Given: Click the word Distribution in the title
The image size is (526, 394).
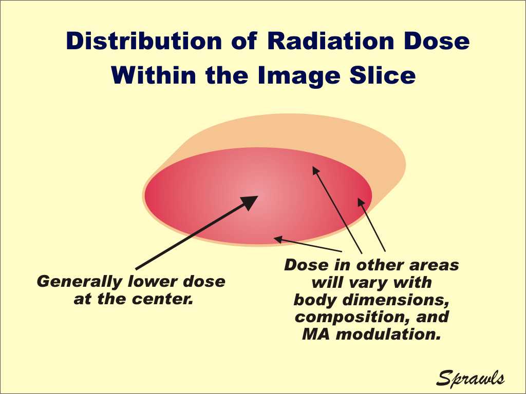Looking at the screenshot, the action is pos(144,41).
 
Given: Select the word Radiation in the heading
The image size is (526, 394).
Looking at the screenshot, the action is pos(331,41).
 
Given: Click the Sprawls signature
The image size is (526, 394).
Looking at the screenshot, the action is pos(470,378).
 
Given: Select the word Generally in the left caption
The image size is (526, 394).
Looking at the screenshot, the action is pos(80,282).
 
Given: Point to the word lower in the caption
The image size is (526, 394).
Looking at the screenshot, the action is pos(153,282).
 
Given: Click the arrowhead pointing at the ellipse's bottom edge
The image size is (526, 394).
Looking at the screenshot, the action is pos(278,239).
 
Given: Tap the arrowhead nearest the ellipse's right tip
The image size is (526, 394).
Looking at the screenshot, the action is pos(361,202).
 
